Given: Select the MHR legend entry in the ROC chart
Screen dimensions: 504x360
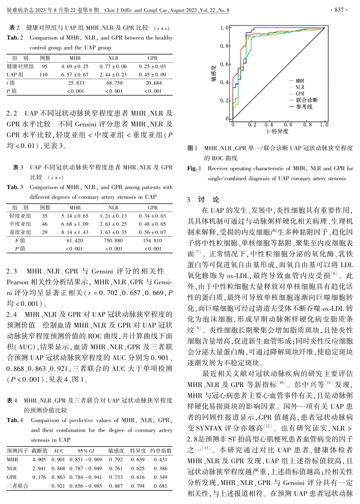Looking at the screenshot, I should (300, 81).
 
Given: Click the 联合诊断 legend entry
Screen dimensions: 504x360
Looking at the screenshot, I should (307, 100).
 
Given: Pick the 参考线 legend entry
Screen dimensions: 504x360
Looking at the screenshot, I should (304, 107).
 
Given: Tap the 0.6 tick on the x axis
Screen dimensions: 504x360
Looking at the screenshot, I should (288, 125).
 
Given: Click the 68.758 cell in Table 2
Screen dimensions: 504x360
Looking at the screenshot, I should (114, 83).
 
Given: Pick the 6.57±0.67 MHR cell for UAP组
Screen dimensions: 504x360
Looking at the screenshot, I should (75, 75).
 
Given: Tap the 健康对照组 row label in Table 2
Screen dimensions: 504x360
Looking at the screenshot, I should (20, 66).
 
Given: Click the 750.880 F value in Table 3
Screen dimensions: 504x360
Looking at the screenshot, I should (113, 240).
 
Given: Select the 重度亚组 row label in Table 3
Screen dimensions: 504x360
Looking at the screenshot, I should (20, 232).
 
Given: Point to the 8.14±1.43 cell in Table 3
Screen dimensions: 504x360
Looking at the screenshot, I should (75, 232).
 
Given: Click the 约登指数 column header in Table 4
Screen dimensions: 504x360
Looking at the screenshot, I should (161, 451).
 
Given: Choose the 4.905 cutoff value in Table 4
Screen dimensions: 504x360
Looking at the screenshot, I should (39, 459).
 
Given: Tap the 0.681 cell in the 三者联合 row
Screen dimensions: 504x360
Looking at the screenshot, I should (160, 486).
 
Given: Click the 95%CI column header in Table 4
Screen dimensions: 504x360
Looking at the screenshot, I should (86, 451).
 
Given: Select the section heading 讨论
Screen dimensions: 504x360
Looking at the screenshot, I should (208, 200).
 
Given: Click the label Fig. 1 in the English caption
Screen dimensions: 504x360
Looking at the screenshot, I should (194, 169).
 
